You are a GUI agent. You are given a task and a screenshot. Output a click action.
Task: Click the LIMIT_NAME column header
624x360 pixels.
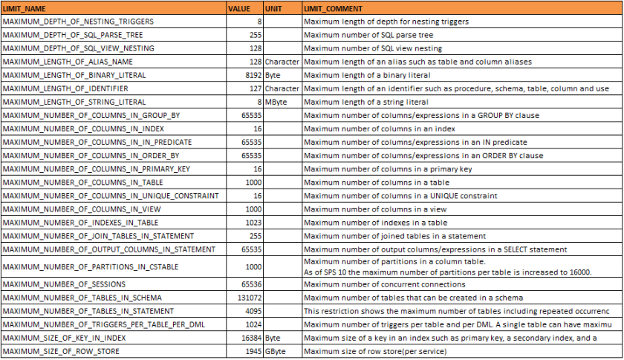point(27,7)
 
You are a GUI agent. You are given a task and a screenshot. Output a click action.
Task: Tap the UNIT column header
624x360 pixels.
point(273,7)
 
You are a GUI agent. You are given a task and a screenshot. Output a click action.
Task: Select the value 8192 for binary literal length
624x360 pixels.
point(252,75)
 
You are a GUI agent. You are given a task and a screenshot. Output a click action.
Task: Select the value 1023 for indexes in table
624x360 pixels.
point(253,222)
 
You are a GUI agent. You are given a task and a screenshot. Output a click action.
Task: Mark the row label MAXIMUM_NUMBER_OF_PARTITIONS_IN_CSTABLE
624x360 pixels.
point(81,266)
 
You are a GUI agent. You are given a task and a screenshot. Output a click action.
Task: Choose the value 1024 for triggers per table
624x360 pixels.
point(253,324)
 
